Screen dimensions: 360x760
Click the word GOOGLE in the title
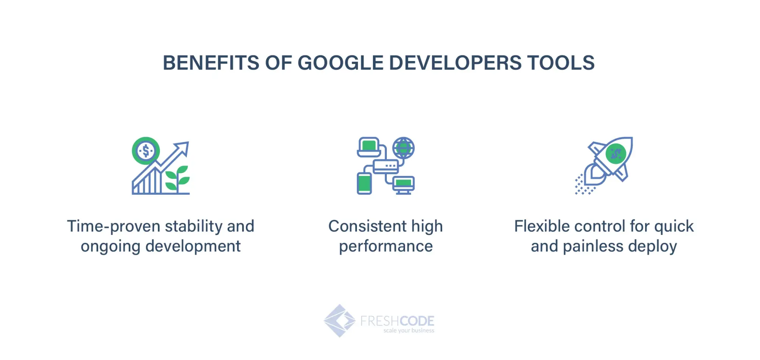pos(340,63)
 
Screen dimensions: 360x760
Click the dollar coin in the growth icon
pos(146,151)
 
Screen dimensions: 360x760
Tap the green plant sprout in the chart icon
pos(177,178)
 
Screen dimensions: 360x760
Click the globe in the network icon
pos(403,148)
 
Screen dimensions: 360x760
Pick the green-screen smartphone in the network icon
pos(364,183)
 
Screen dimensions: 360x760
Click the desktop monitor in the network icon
pos(403,185)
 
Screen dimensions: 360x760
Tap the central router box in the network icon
pos(385,166)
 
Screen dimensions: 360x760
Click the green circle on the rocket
pos(616,154)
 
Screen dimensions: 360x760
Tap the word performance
pos(386,247)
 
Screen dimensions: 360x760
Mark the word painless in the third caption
pos(593,247)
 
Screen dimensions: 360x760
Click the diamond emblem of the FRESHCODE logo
pos(339,321)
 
